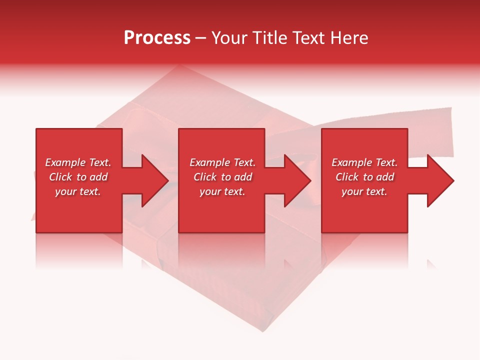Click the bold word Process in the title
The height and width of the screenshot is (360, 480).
tap(157, 38)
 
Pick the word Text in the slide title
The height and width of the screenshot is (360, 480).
tap(308, 38)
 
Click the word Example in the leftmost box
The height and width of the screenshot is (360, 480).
tap(65, 162)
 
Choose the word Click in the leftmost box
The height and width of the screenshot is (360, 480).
tap(60, 177)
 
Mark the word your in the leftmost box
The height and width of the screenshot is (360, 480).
tap(65, 192)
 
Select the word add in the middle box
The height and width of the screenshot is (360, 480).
tap(243, 177)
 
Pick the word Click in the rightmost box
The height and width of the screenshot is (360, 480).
tap(347, 177)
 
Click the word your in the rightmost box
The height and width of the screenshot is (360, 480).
tap(352, 192)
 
